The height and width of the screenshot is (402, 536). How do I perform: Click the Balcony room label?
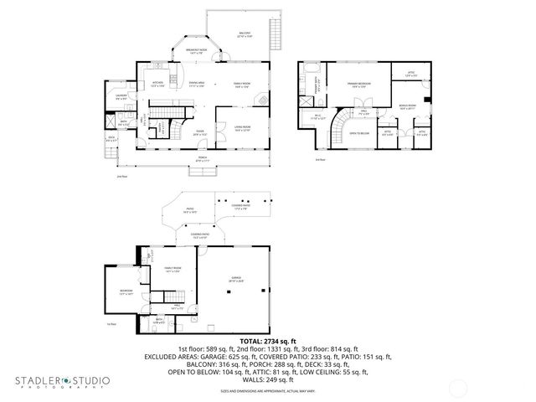tap(244, 36)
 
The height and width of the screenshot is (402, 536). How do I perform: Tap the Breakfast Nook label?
tap(197, 52)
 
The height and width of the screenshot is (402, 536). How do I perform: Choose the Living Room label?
tap(242, 129)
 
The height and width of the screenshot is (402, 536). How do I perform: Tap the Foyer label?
tap(200, 132)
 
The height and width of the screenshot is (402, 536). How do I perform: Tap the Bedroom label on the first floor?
tap(126, 292)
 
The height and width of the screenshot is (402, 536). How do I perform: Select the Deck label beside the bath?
tap(111, 139)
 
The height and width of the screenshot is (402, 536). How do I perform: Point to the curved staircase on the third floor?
tap(338, 131)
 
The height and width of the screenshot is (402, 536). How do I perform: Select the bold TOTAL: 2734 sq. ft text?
tap(267, 341)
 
